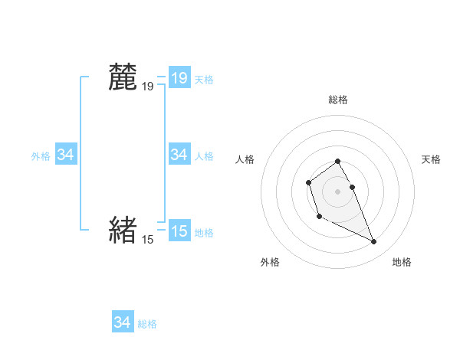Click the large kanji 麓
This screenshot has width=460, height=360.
point(123,77)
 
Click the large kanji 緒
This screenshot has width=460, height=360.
point(123,229)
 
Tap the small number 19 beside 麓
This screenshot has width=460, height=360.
point(147,87)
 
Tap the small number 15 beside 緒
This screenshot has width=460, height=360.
point(147,240)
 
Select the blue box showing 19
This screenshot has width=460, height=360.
point(179,77)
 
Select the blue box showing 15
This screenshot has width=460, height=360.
point(179,231)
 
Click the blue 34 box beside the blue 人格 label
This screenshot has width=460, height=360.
point(179,155)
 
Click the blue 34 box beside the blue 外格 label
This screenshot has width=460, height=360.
point(66,155)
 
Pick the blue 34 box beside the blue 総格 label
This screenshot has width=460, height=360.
point(123,322)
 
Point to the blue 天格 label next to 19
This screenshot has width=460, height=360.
point(204,79)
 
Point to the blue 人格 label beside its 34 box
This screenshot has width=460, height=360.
point(204,156)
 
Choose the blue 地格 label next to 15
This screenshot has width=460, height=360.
point(204,232)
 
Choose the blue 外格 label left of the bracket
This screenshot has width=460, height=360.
point(41,156)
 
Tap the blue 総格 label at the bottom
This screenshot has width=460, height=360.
point(147,324)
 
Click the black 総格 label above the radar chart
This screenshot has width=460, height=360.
point(337,100)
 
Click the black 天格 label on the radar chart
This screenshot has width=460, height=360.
point(431,159)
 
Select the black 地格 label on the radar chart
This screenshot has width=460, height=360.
point(402,263)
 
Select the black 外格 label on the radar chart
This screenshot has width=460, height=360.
point(270,263)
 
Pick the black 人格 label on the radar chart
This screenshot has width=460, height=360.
point(245,159)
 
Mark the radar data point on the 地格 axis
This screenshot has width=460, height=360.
point(373,242)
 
